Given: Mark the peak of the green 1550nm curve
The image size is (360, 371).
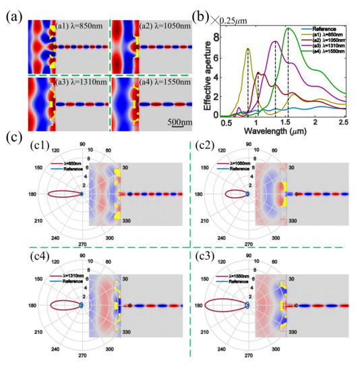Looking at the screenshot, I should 289,28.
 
